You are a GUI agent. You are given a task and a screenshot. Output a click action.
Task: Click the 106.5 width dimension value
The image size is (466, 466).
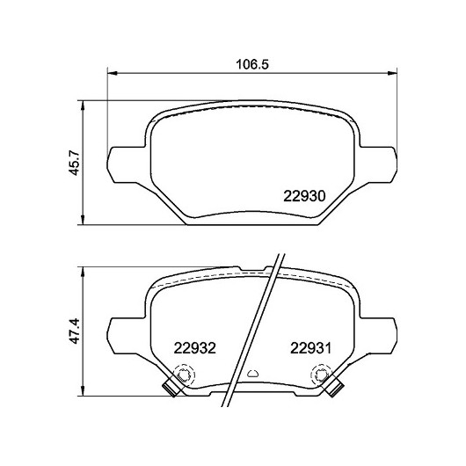(x=252, y=64)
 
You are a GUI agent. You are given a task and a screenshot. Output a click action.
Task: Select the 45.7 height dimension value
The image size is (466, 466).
(x=74, y=163)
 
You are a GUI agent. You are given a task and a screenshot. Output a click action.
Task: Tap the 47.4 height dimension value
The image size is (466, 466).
(x=74, y=331)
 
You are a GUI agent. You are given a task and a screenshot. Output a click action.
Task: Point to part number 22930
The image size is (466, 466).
(x=304, y=196)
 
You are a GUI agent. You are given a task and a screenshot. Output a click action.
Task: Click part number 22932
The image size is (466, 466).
(x=194, y=348)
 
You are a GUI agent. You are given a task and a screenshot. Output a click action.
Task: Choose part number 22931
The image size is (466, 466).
(x=310, y=348)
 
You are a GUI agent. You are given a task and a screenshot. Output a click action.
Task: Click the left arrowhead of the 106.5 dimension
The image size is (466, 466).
(x=112, y=73)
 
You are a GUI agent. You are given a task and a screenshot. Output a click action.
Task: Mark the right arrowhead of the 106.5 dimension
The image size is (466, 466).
(x=392, y=73)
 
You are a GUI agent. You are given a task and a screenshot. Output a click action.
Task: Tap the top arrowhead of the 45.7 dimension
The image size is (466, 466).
(x=83, y=106)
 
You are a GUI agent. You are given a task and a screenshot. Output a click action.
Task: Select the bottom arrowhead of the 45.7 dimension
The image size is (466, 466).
(x=83, y=220)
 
